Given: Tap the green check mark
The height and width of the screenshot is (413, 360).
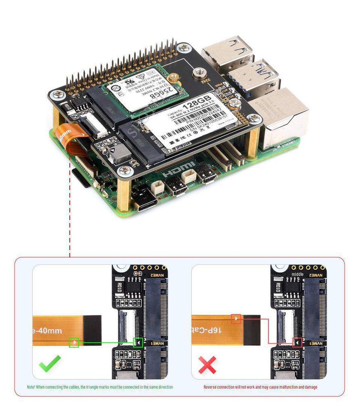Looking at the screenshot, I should (50, 364).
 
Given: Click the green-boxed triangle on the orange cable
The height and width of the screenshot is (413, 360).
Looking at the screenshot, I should (73, 342).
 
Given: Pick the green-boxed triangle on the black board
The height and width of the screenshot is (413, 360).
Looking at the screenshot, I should (138, 342).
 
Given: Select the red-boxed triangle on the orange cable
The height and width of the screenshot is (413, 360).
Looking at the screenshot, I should (236, 319).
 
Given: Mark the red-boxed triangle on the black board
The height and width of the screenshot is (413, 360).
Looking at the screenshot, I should (297, 342).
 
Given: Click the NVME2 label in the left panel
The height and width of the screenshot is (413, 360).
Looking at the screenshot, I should (158, 275).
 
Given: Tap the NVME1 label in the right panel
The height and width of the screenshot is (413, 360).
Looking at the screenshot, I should (316, 343).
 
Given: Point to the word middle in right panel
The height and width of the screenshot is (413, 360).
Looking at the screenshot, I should (297, 274).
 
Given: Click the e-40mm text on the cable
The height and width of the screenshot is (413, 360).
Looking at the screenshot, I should (48, 331).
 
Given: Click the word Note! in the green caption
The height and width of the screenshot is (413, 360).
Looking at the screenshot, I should (31, 387).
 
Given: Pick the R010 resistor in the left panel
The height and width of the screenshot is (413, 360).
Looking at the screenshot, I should (120, 288).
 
